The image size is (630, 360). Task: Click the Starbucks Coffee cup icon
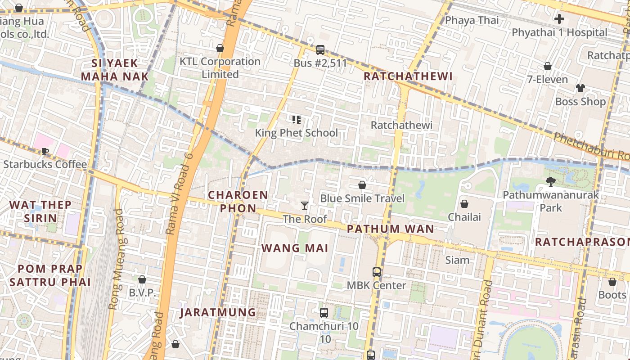pyautogui.click(x=45, y=151)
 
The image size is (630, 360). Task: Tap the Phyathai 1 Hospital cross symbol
pyautogui.click(x=559, y=19)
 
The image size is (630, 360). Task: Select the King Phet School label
pyautogui.click(x=296, y=133)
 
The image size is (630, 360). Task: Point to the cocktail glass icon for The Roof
pyautogui.click(x=305, y=206)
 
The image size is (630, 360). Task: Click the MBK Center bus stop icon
pyautogui.click(x=377, y=272)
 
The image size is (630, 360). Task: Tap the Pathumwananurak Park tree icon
pyautogui.click(x=550, y=182)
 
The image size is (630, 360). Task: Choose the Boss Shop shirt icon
pyautogui.click(x=580, y=88)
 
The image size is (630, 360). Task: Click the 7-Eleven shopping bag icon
pyautogui.click(x=548, y=66)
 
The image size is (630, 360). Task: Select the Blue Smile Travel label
pyautogui.click(x=362, y=198)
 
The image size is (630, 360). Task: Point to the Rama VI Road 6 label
pyautogui.click(x=179, y=193)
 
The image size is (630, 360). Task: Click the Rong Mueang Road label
pyautogui.click(x=116, y=259)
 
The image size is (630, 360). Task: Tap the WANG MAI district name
pyautogui.click(x=295, y=248)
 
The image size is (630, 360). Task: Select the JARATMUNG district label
pyautogui.click(x=218, y=312)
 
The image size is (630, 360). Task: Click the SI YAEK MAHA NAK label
pyautogui.click(x=115, y=70)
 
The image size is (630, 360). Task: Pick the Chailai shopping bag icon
pyautogui.click(x=464, y=204)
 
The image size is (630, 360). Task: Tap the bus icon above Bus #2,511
pyautogui.click(x=320, y=49)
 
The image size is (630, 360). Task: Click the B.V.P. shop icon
pyautogui.click(x=142, y=279)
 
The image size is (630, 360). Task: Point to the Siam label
pyautogui.click(x=457, y=260)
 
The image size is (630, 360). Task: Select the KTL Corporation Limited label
pyautogui.click(x=220, y=67)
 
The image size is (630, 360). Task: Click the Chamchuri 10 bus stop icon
pyautogui.click(x=324, y=313)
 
